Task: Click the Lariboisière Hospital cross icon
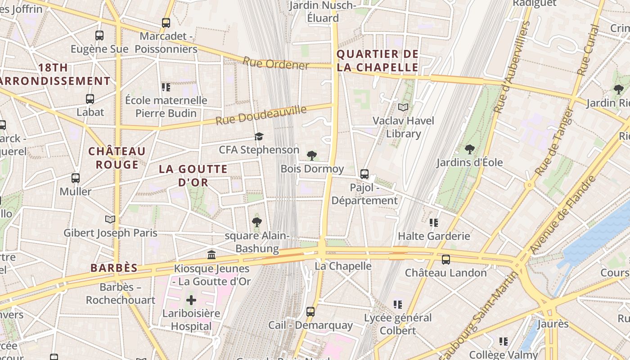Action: click(191, 300)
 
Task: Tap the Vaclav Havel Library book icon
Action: click(403, 107)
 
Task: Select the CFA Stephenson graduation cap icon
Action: click(259, 136)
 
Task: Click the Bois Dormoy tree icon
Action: click(311, 156)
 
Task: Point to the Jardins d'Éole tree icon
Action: click(469, 149)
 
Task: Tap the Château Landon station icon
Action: click(445, 259)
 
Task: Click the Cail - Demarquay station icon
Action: click(310, 311)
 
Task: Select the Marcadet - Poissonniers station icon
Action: click(166, 22)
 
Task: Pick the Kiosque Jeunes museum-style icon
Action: click(211, 255)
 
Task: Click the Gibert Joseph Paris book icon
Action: click(110, 219)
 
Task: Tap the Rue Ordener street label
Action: click(276, 63)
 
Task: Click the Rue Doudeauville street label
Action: click(261, 116)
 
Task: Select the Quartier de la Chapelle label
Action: click(378, 61)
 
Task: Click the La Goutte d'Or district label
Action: click(193, 175)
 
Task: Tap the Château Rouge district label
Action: click(117, 157)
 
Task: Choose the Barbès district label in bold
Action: click(114, 268)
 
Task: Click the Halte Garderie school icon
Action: click(434, 222)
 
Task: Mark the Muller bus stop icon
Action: click(76, 178)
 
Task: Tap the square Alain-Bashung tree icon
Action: click(256, 221)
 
